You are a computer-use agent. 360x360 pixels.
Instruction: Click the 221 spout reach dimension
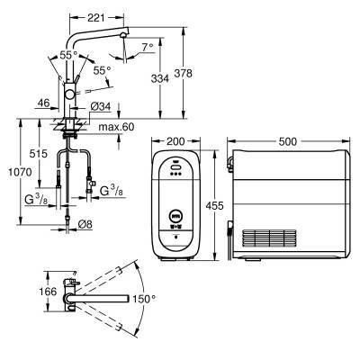tap(96, 18)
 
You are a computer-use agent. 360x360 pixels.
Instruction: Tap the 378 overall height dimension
tap(184, 73)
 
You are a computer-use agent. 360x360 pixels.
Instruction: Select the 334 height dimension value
tap(160, 78)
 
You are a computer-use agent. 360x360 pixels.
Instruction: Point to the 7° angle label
tap(148, 47)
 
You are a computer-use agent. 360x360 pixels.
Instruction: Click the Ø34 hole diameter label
tap(101, 106)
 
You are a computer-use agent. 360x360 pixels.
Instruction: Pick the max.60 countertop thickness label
tap(116, 127)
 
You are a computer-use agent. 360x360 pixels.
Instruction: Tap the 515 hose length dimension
tap(39, 154)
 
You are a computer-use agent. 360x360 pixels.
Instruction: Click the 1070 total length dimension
tap(20, 172)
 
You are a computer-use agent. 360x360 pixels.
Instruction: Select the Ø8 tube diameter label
tap(85, 224)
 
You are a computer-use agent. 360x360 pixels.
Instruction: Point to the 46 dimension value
tap(43, 103)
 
